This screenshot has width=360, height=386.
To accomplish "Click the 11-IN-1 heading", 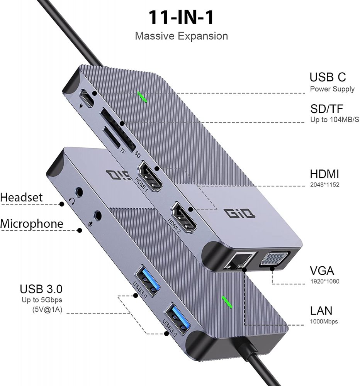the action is (181, 17).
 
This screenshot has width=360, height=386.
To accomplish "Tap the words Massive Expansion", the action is (182, 36).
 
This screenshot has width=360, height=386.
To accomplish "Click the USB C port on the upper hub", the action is (87, 98).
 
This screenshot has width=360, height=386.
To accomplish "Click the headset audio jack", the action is (79, 192).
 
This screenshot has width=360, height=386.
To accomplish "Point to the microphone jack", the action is (97, 215).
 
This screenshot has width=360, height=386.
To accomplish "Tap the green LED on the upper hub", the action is (142, 97).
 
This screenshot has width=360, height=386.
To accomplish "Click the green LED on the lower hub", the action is (227, 302).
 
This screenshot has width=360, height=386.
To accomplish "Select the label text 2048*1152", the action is (324, 185).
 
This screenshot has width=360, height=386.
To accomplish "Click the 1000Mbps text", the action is (324, 322).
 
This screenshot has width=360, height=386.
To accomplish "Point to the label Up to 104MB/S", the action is (335, 120).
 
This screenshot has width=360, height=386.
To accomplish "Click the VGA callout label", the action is (322, 271).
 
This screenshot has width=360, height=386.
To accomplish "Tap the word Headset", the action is (21, 197).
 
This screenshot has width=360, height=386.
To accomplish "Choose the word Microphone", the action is (32, 224).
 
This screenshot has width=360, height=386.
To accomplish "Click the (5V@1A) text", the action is (47, 310).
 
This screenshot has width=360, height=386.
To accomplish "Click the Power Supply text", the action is (332, 89).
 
